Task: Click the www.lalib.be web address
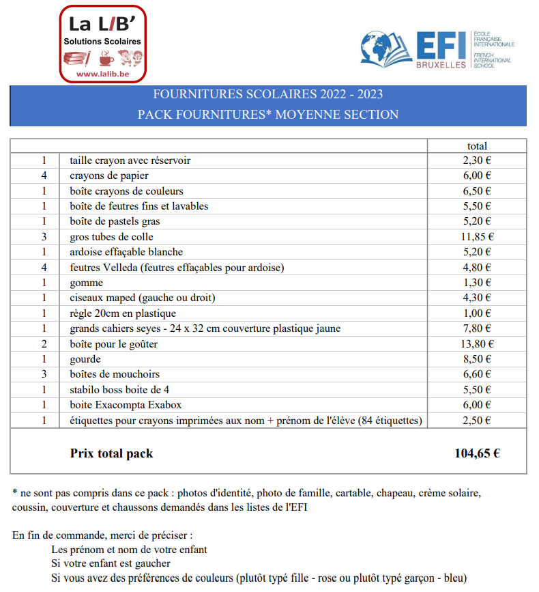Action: (x=102, y=73)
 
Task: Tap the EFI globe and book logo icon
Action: (x=386, y=48)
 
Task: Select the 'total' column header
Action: (x=477, y=145)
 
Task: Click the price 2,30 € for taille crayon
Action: (x=477, y=160)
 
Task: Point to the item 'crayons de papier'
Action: (x=109, y=175)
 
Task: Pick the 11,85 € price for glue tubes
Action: (x=477, y=237)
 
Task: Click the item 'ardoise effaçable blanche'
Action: (x=126, y=252)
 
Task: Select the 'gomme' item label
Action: (x=87, y=283)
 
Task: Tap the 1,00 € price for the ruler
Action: (x=477, y=313)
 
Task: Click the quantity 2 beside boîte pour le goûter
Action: (x=44, y=344)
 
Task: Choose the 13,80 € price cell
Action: (x=477, y=344)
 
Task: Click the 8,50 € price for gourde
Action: (x=477, y=359)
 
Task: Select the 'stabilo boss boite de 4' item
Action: (x=119, y=390)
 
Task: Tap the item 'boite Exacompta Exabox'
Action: (x=126, y=405)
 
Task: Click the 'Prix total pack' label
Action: (x=111, y=453)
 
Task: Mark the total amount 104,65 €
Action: (x=477, y=453)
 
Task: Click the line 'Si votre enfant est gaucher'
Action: (x=111, y=563)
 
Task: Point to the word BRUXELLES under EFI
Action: (x=441, y=65)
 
